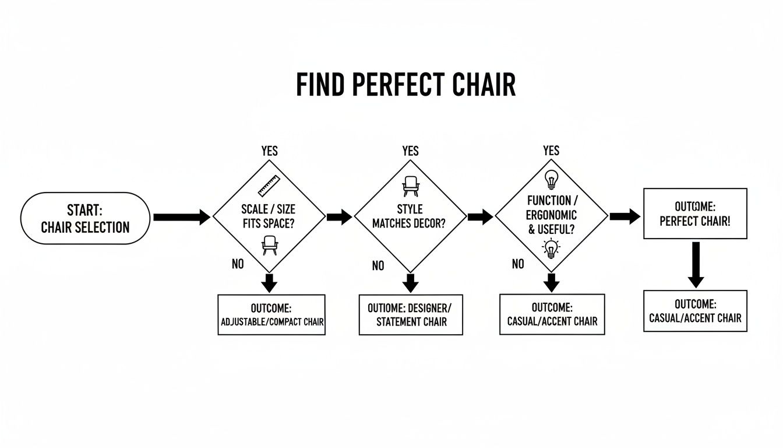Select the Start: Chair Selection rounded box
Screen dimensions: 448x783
(x=85, y=219)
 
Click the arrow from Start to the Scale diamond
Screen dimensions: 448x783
(x=181, y=218)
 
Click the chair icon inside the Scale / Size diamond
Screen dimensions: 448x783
(x=269, y=245)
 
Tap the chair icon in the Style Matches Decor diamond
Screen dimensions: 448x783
(x=410, y=186)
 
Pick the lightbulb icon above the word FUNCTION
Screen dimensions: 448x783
(x=551, y=178)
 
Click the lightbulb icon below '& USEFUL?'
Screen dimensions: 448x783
(x=551, y=249)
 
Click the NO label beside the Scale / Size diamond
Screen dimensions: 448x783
(x=238, y=264)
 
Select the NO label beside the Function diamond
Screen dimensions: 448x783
(x=518, y=264)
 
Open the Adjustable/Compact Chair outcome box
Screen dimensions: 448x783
(x=271, y=314)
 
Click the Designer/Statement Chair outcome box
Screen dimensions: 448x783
(x=411, y=314)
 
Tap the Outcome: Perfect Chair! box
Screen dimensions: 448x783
(x=695, y=213)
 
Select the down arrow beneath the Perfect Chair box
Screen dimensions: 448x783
(x=695, y=264)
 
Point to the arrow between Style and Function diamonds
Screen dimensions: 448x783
(x=480, y=217)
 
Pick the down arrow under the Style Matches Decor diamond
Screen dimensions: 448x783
(x=411, y=283)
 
